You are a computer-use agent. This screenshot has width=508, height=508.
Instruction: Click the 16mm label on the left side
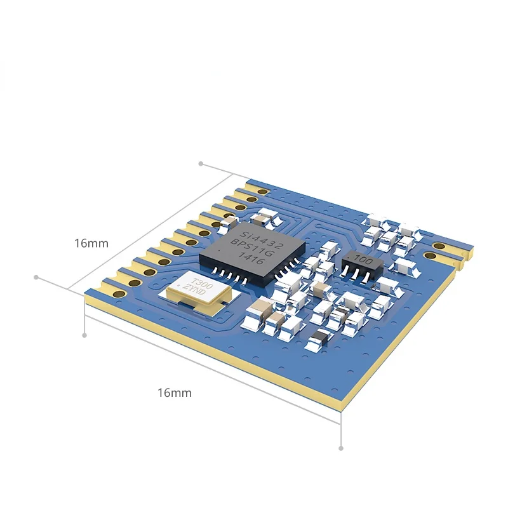[91, 243]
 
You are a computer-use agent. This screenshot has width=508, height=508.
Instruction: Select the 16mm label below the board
[174, 393]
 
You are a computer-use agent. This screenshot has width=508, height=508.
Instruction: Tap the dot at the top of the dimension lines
[201, 163]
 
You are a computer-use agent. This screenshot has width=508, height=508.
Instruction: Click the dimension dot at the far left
[36, 277]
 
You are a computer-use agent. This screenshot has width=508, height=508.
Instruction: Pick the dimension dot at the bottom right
[341, 448]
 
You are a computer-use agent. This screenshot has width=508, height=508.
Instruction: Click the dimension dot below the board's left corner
[84, 334]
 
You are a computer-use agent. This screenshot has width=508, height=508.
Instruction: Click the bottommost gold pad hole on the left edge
[118, 293]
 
